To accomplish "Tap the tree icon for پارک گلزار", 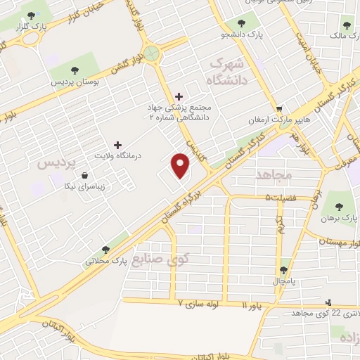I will pos(30,15).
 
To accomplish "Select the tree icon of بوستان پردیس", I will pos(74,70).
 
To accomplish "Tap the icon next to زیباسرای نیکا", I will pos(85,175).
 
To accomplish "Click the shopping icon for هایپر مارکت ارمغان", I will pos(279,109).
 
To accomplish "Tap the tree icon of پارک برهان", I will pos(340,207).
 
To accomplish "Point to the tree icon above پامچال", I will pos(284,269).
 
